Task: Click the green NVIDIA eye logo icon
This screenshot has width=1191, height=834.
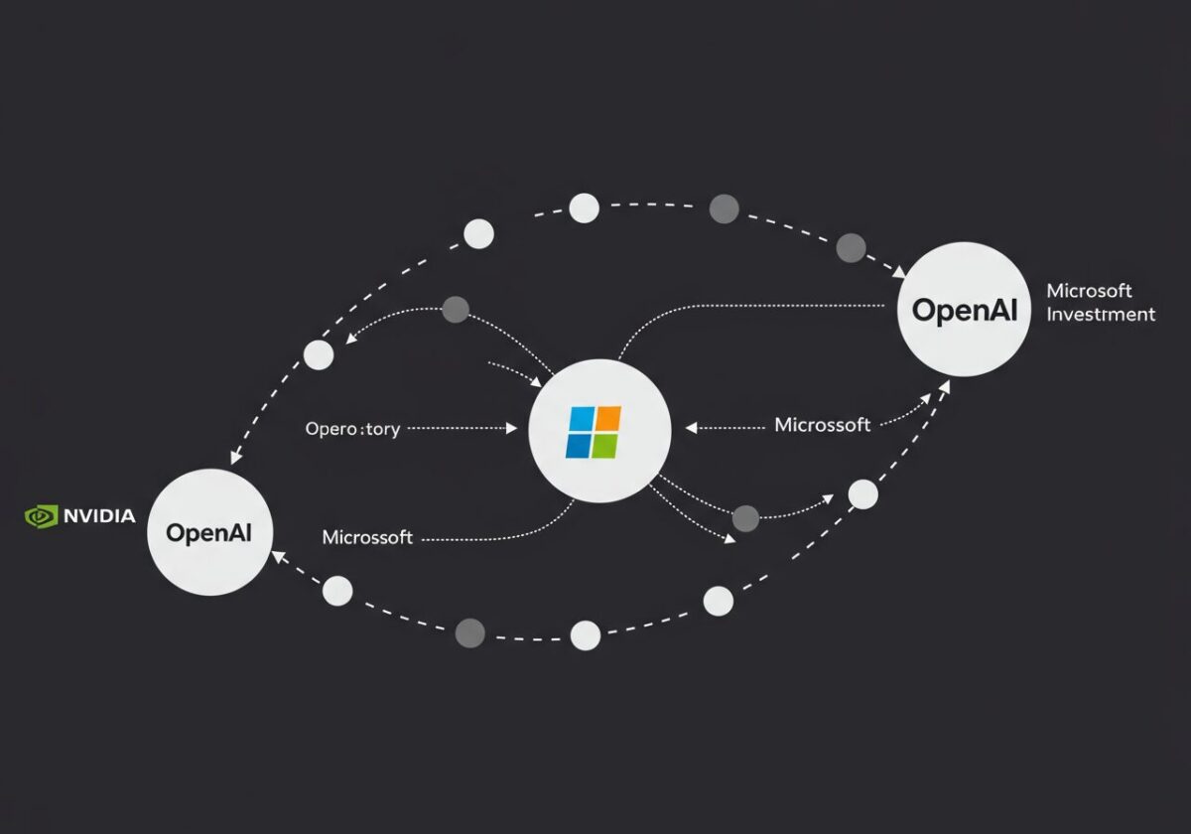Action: pyautogui.click(x=42, y=516)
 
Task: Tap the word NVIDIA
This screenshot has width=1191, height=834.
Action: pyautogui.click(x=99, y=516)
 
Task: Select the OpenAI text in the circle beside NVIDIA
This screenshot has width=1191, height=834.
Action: pyautogui.click(x=209, y=533)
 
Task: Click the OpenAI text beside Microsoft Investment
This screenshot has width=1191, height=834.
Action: pyautogui.click(x=965, y=310)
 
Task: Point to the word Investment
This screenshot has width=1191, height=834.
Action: pyautogui.click(x=1101, y=315)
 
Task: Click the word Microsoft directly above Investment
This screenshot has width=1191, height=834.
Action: pyautogui.click(x=1089, y=291)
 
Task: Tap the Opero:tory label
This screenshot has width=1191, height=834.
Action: pyautogui.click(x=352, y=429)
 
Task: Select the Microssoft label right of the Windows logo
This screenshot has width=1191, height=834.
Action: pyautogui.click(x=822, y=425)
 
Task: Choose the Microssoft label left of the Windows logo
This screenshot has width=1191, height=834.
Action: pyautogui.click(x=367, y=537)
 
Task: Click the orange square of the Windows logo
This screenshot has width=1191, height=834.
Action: pyautogui.click(x=607, y=418)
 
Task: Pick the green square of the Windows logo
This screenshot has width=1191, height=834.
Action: pyautogui.click(x=605, y=446)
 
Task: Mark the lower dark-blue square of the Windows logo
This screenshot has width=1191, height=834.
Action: pyautogui.click(x=580, y=447)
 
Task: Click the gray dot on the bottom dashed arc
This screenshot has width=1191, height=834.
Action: pyautogui.click(x=469, y=632)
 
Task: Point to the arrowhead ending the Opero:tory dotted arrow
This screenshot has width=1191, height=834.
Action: pyautogui.click(x=512, y=429)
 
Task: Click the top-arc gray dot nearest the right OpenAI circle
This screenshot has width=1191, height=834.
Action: pyautogui.click(x=851, y=248)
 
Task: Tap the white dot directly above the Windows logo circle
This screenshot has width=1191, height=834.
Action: pyautogui.click(x=585, y=208)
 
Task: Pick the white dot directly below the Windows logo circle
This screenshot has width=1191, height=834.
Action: pyautogui.click(x=586, y=635)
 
